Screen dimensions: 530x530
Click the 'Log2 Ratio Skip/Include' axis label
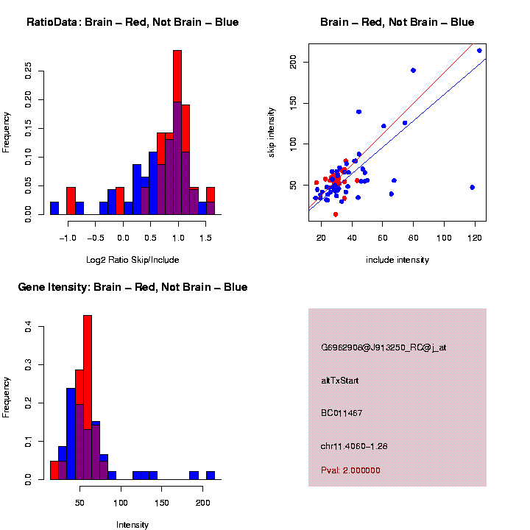pyautogui.click(x=132, y=260)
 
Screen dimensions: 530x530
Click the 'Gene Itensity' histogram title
pyautogui.click(x=132, y=287)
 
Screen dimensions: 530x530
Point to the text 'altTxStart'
pyautogui.click(x=339, y=381)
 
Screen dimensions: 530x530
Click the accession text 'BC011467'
pyautogui.click(x=341, y=413)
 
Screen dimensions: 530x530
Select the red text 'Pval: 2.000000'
pyautogui.click(x=350, y=470)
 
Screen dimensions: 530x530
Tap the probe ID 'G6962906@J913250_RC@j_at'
pyautogui.click(x=383, y=347)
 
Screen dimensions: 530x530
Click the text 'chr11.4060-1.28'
pyautogui.click(x=354, y=446)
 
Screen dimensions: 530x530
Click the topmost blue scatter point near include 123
pyautogui.click(x=479, y=51)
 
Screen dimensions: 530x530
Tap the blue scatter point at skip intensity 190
pyautogui.click(x=413, y=70)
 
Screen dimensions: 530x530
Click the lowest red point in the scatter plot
pyautogui.click(x=336, y=214)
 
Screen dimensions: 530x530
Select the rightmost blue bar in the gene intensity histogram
pyautogui.click(x=210, y=475)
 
